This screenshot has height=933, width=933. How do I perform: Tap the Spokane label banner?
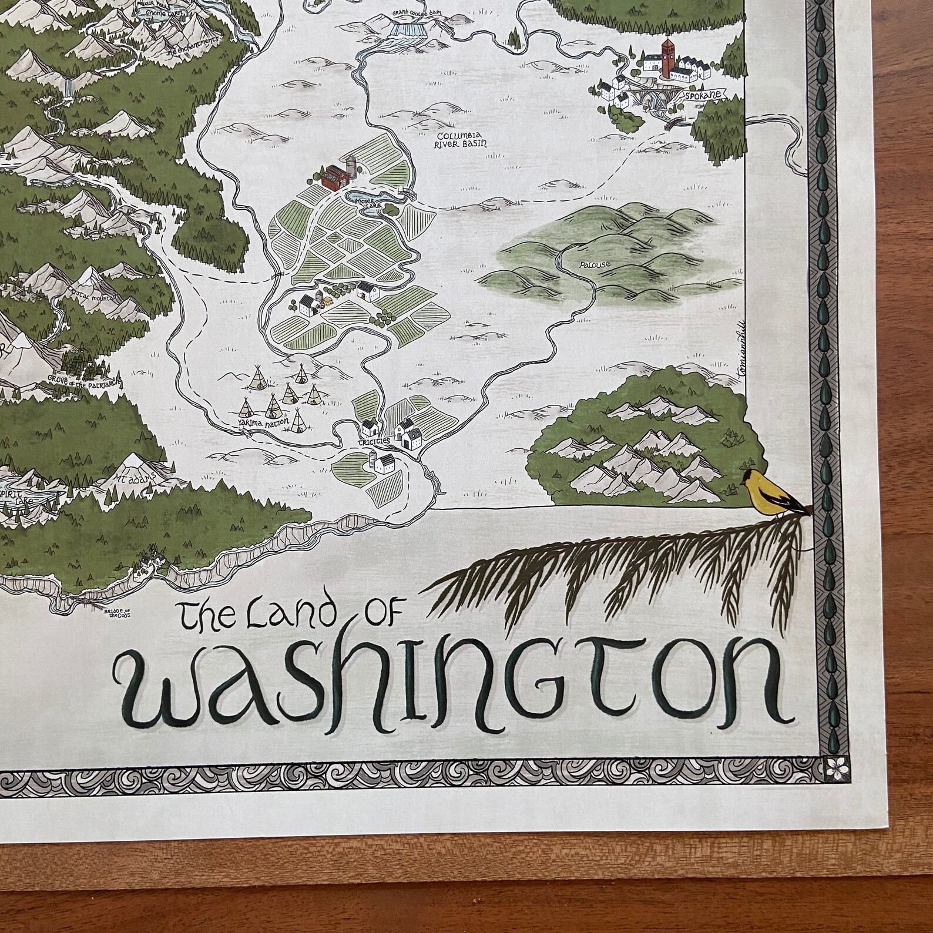pos(704,95)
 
